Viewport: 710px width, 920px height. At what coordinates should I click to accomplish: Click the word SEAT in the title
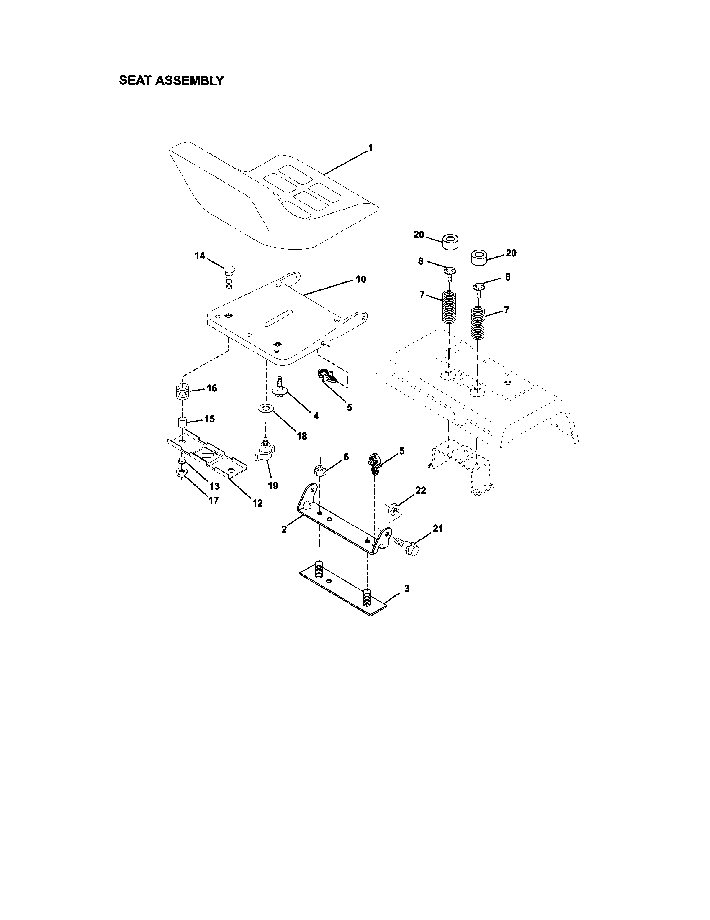tap(135, 80)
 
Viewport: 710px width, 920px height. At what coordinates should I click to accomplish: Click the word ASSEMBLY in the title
tap(189, 80)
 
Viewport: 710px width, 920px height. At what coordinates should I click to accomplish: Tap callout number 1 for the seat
tap(370, 148)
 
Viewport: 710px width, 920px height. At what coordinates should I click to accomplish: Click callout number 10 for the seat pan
tap(361, 279)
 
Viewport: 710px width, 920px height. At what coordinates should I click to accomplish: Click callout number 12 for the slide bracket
tap(257, 503)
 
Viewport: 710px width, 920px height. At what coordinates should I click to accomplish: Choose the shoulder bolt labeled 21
tap(408, 547)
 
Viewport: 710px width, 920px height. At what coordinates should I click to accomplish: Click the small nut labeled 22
tap(393, 509)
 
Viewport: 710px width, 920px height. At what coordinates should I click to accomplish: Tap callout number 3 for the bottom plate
tap(406, 588)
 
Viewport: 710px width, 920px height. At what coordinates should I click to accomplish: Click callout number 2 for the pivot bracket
tap(284, 529)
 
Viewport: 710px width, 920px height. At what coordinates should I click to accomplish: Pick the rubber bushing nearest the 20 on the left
tap(450, 242)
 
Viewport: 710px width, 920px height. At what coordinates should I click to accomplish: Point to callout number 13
tap(214, 486)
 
